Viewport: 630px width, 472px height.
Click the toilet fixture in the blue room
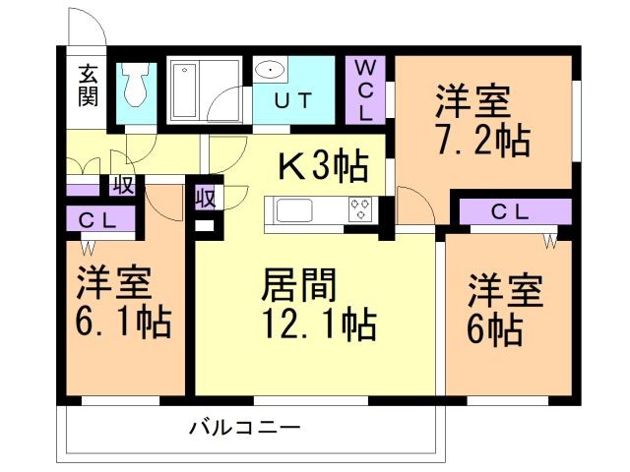click(x=138, y=87)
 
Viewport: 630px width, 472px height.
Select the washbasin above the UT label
click(x=270, y=71)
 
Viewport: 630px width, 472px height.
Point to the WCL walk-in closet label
click(x=365, y=89)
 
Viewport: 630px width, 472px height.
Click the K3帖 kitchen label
click(x=322, y=163)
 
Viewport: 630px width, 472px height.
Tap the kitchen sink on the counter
click(x=294, y=210)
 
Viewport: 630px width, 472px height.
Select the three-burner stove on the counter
click(x=360, y=209)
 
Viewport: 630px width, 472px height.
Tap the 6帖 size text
click(x=494, y=331)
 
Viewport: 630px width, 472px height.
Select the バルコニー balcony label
click(x=243, y=429)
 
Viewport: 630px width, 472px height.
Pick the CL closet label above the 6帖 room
click(x=510, y=210)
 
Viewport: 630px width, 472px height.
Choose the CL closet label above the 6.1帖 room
click(x=97, y=219)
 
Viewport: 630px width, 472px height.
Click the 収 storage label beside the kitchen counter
click(x=205, y=196)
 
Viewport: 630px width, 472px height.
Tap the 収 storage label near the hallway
click(x=123, y=183)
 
